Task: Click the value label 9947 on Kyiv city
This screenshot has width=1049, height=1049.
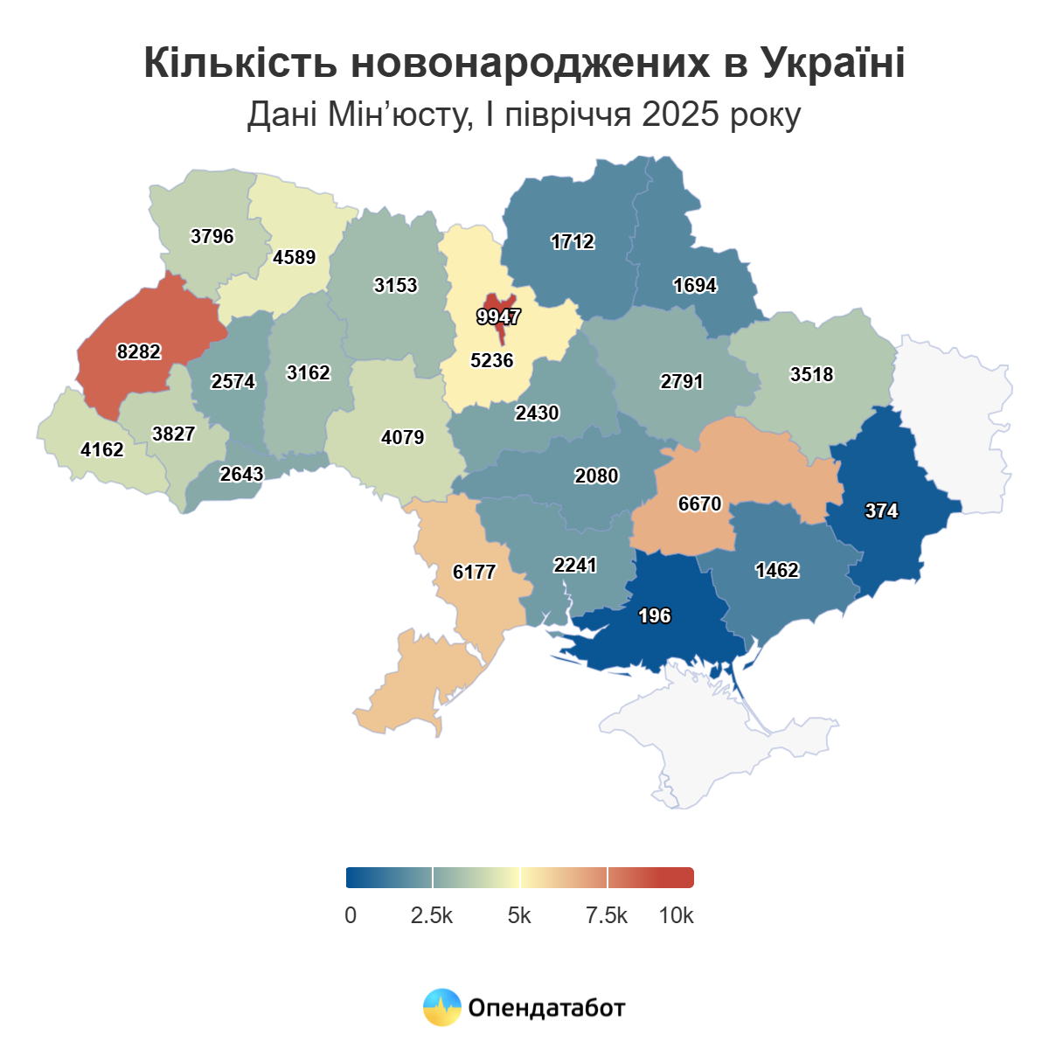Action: coord(498,316)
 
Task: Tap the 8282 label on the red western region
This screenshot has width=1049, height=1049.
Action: coord(139,351)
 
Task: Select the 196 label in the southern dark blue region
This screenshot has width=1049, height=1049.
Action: coord(654,616)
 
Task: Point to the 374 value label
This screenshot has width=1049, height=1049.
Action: coord(881,511)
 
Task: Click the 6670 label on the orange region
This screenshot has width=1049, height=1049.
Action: coord(699,504)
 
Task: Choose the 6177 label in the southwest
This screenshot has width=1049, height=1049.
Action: coord(474,573)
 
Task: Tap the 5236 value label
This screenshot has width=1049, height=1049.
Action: coord(491,360)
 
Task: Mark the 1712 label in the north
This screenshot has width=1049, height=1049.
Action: coord(573,241)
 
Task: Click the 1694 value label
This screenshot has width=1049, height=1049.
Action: coord(695,285)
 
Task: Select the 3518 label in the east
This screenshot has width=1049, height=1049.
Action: coord(811,374)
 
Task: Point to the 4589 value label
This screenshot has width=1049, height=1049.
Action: coord(294,257)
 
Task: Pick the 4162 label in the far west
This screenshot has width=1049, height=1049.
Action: coord(102,449)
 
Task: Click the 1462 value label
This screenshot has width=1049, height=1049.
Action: coord(777,571)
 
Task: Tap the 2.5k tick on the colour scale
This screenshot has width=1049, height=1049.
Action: coord(432,915)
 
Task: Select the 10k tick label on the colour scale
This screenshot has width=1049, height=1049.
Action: coord(676,915)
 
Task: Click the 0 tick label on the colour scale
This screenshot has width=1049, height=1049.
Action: coord(351,915)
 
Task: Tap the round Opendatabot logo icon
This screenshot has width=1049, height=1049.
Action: coord(441,1007)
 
